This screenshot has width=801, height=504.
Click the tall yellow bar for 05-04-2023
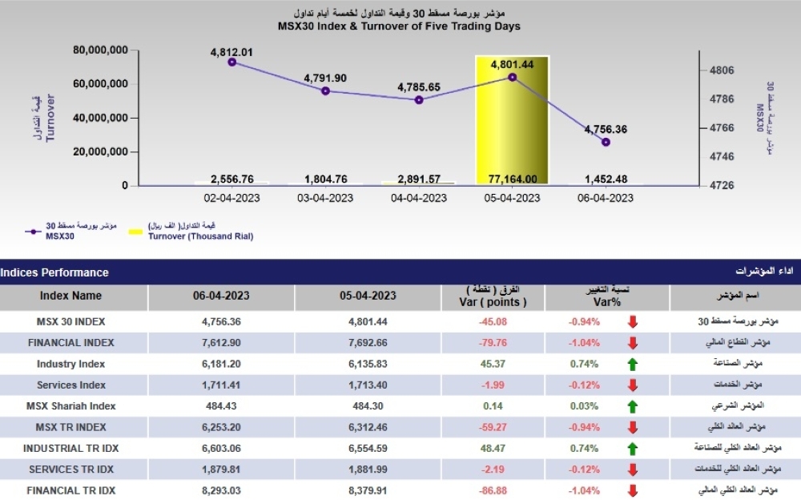tap(512, 120)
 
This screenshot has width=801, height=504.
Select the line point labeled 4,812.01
tap(232, 62)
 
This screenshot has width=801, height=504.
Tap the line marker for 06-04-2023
tap(606, 142)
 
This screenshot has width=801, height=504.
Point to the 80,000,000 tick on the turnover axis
tap(101, 50)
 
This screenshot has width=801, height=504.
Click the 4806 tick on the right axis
tap(722, 71)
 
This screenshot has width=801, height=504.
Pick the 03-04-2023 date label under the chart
tap(325, 198)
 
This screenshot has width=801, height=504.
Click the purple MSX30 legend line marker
tap(32, 232)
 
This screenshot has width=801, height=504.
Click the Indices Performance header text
tap(54, 272)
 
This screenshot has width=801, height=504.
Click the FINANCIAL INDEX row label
tap(70, 342)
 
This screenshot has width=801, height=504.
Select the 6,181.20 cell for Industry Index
tap(221, 364)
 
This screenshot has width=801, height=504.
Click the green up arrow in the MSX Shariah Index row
tap(632, 406)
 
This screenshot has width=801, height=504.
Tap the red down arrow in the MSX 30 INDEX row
tap(632, 321)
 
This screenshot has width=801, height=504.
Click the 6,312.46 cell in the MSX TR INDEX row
tap(368, 427)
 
